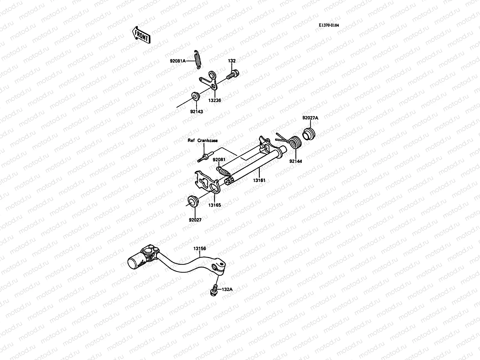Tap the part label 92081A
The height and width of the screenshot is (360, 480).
coord(178,61)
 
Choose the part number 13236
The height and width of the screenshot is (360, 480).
coord(214,100)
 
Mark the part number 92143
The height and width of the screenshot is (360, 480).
coord(196,112)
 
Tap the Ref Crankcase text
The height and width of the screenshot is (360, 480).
coord(203,140)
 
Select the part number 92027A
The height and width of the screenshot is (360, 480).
coord(310,118)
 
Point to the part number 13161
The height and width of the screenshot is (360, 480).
coord(259,181)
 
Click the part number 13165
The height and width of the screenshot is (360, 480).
coord(215,205)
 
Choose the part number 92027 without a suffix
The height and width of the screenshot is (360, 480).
coord(195,220)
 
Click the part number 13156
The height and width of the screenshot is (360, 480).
coord(199,249)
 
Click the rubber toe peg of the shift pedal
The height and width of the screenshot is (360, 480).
coord(136,262)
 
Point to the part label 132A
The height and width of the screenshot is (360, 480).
coord(227,289)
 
